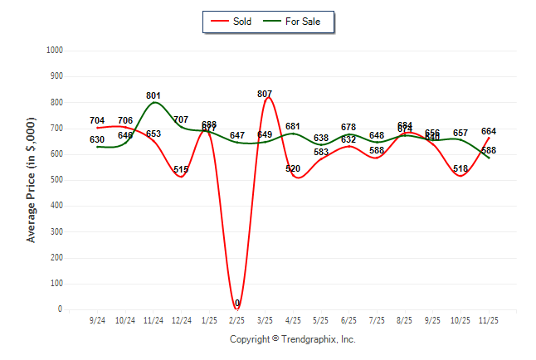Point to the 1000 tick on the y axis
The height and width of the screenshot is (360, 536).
tap(56, 51)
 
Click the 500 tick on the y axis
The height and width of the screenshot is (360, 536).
tap(58, 180)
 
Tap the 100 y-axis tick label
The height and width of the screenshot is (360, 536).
tap(58, 284)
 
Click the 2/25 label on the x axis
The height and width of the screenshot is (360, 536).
tap(237, 320)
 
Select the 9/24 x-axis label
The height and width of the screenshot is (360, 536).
tap(97, 320)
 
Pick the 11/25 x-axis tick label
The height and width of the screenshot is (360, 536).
tap(489, 320)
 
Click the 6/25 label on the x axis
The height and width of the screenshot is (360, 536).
tap(348, 320)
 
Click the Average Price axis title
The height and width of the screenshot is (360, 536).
tap(32, 179)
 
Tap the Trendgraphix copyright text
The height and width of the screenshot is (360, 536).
tap(292, 340)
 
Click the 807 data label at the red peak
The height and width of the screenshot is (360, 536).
tap(265, 95)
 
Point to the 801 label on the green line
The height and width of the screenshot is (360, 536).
tap(153, 96)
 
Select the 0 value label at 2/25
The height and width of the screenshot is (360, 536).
tap(237, 304)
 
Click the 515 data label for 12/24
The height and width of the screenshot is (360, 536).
tap(181, 170)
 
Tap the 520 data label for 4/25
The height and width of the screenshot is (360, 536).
tap(293, 169)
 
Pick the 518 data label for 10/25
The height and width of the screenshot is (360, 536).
tap(460, 169)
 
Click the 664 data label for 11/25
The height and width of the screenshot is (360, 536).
tap(489, 131)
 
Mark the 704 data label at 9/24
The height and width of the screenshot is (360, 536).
tap(97, 121)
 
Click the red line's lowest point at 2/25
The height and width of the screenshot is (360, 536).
tap(237, 309)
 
